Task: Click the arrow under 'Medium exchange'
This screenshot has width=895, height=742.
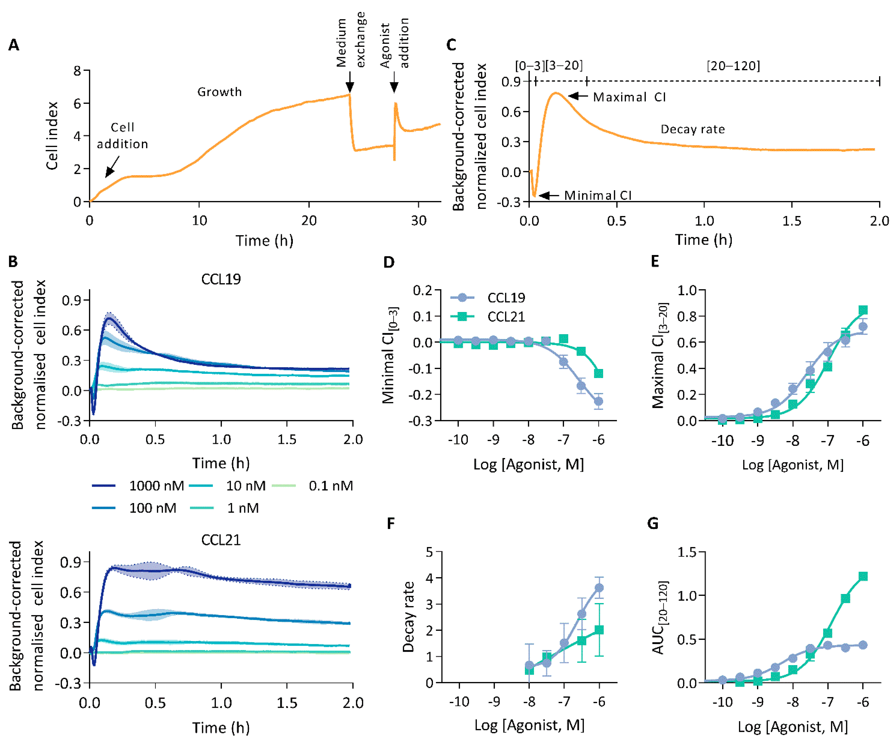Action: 349,82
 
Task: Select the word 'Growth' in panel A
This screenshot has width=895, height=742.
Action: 219,92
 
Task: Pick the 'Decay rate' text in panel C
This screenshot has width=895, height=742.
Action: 693,129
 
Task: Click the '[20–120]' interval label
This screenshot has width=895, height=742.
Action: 733,66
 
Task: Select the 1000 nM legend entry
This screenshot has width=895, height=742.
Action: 138,486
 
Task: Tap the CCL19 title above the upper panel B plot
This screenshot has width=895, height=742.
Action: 221,279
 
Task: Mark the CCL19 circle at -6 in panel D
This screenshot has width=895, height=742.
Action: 598,401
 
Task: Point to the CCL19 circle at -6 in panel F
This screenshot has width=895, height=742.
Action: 599,588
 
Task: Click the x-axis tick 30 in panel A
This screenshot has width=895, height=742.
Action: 419,221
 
